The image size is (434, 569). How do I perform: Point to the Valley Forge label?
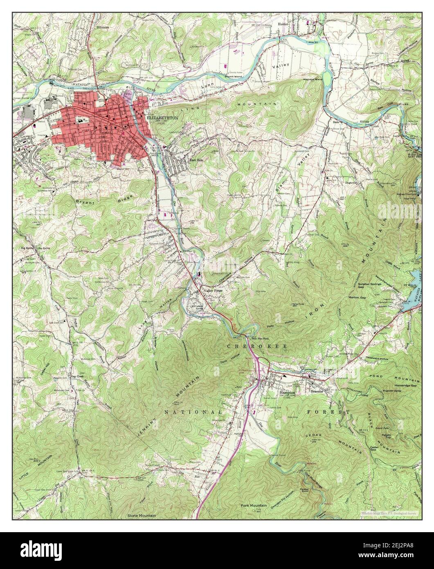pyautogui.click(x=213, y=290)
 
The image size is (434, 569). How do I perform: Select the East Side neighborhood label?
pyautogui.click(x=195, y=160)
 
